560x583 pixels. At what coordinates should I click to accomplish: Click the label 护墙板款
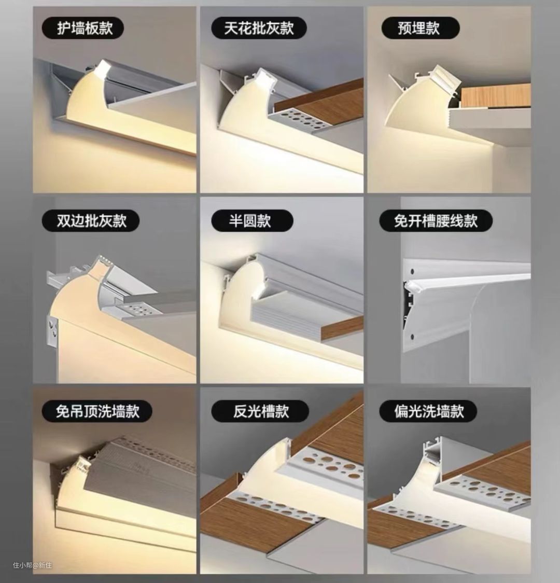tap(85, 28)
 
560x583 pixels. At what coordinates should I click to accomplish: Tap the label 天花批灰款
tap(259, 28)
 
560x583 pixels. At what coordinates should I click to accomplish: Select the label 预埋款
tap(419, 28)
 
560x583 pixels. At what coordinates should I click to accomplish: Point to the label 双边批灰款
tap(91, 220)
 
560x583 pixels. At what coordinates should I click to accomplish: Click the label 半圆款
tap(250, 220)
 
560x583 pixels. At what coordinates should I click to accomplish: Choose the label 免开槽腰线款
tap(436, 220)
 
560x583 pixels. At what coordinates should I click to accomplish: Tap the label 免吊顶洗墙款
tap(97, 411)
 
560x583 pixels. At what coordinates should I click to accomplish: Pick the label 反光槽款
tap(261, 411)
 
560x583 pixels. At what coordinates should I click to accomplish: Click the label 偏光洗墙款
tap(429, 411)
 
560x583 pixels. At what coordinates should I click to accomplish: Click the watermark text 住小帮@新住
tap(32, 565)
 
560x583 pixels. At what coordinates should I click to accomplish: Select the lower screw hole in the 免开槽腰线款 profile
tap(412, 337)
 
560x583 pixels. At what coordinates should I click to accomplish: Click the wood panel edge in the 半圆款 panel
tap(342, 328)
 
